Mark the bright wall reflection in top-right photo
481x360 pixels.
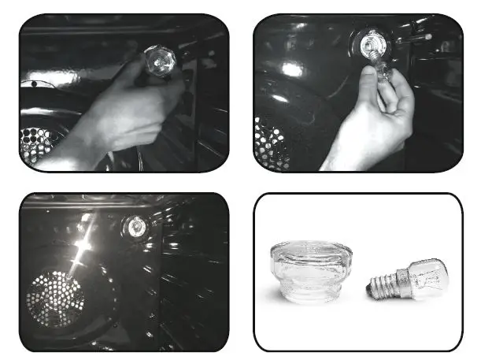click(293, 69)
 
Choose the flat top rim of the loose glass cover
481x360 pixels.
click(309, 251)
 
